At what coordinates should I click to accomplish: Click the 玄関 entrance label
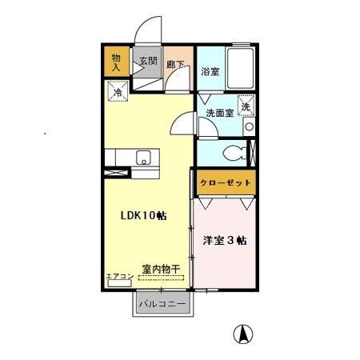147,60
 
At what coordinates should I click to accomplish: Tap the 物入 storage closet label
115,62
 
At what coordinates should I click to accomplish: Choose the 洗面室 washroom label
219,113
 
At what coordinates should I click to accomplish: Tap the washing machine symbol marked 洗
246,106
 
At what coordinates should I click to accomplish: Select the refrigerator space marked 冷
117,93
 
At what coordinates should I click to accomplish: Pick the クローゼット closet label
226,182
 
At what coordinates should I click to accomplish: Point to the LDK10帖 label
144,216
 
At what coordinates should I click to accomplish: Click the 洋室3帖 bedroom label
225,240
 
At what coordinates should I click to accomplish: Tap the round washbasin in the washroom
250,126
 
